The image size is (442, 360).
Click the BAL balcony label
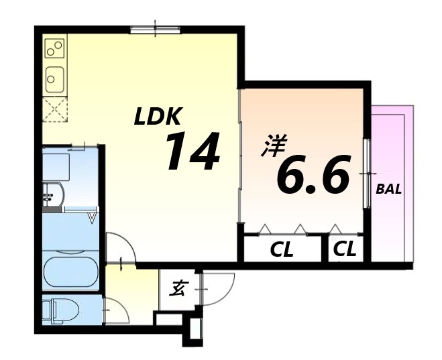click(x=388, y=189)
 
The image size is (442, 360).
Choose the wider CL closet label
click(x=282, y=251)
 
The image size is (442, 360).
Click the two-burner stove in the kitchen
click(x=54, y=48)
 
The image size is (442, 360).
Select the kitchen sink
click(x=54, y=80)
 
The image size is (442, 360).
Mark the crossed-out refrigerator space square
click(x=54, y=109)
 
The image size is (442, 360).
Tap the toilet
click(x=61, y=310)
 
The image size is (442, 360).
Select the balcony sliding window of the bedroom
click(x=367, y=174)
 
